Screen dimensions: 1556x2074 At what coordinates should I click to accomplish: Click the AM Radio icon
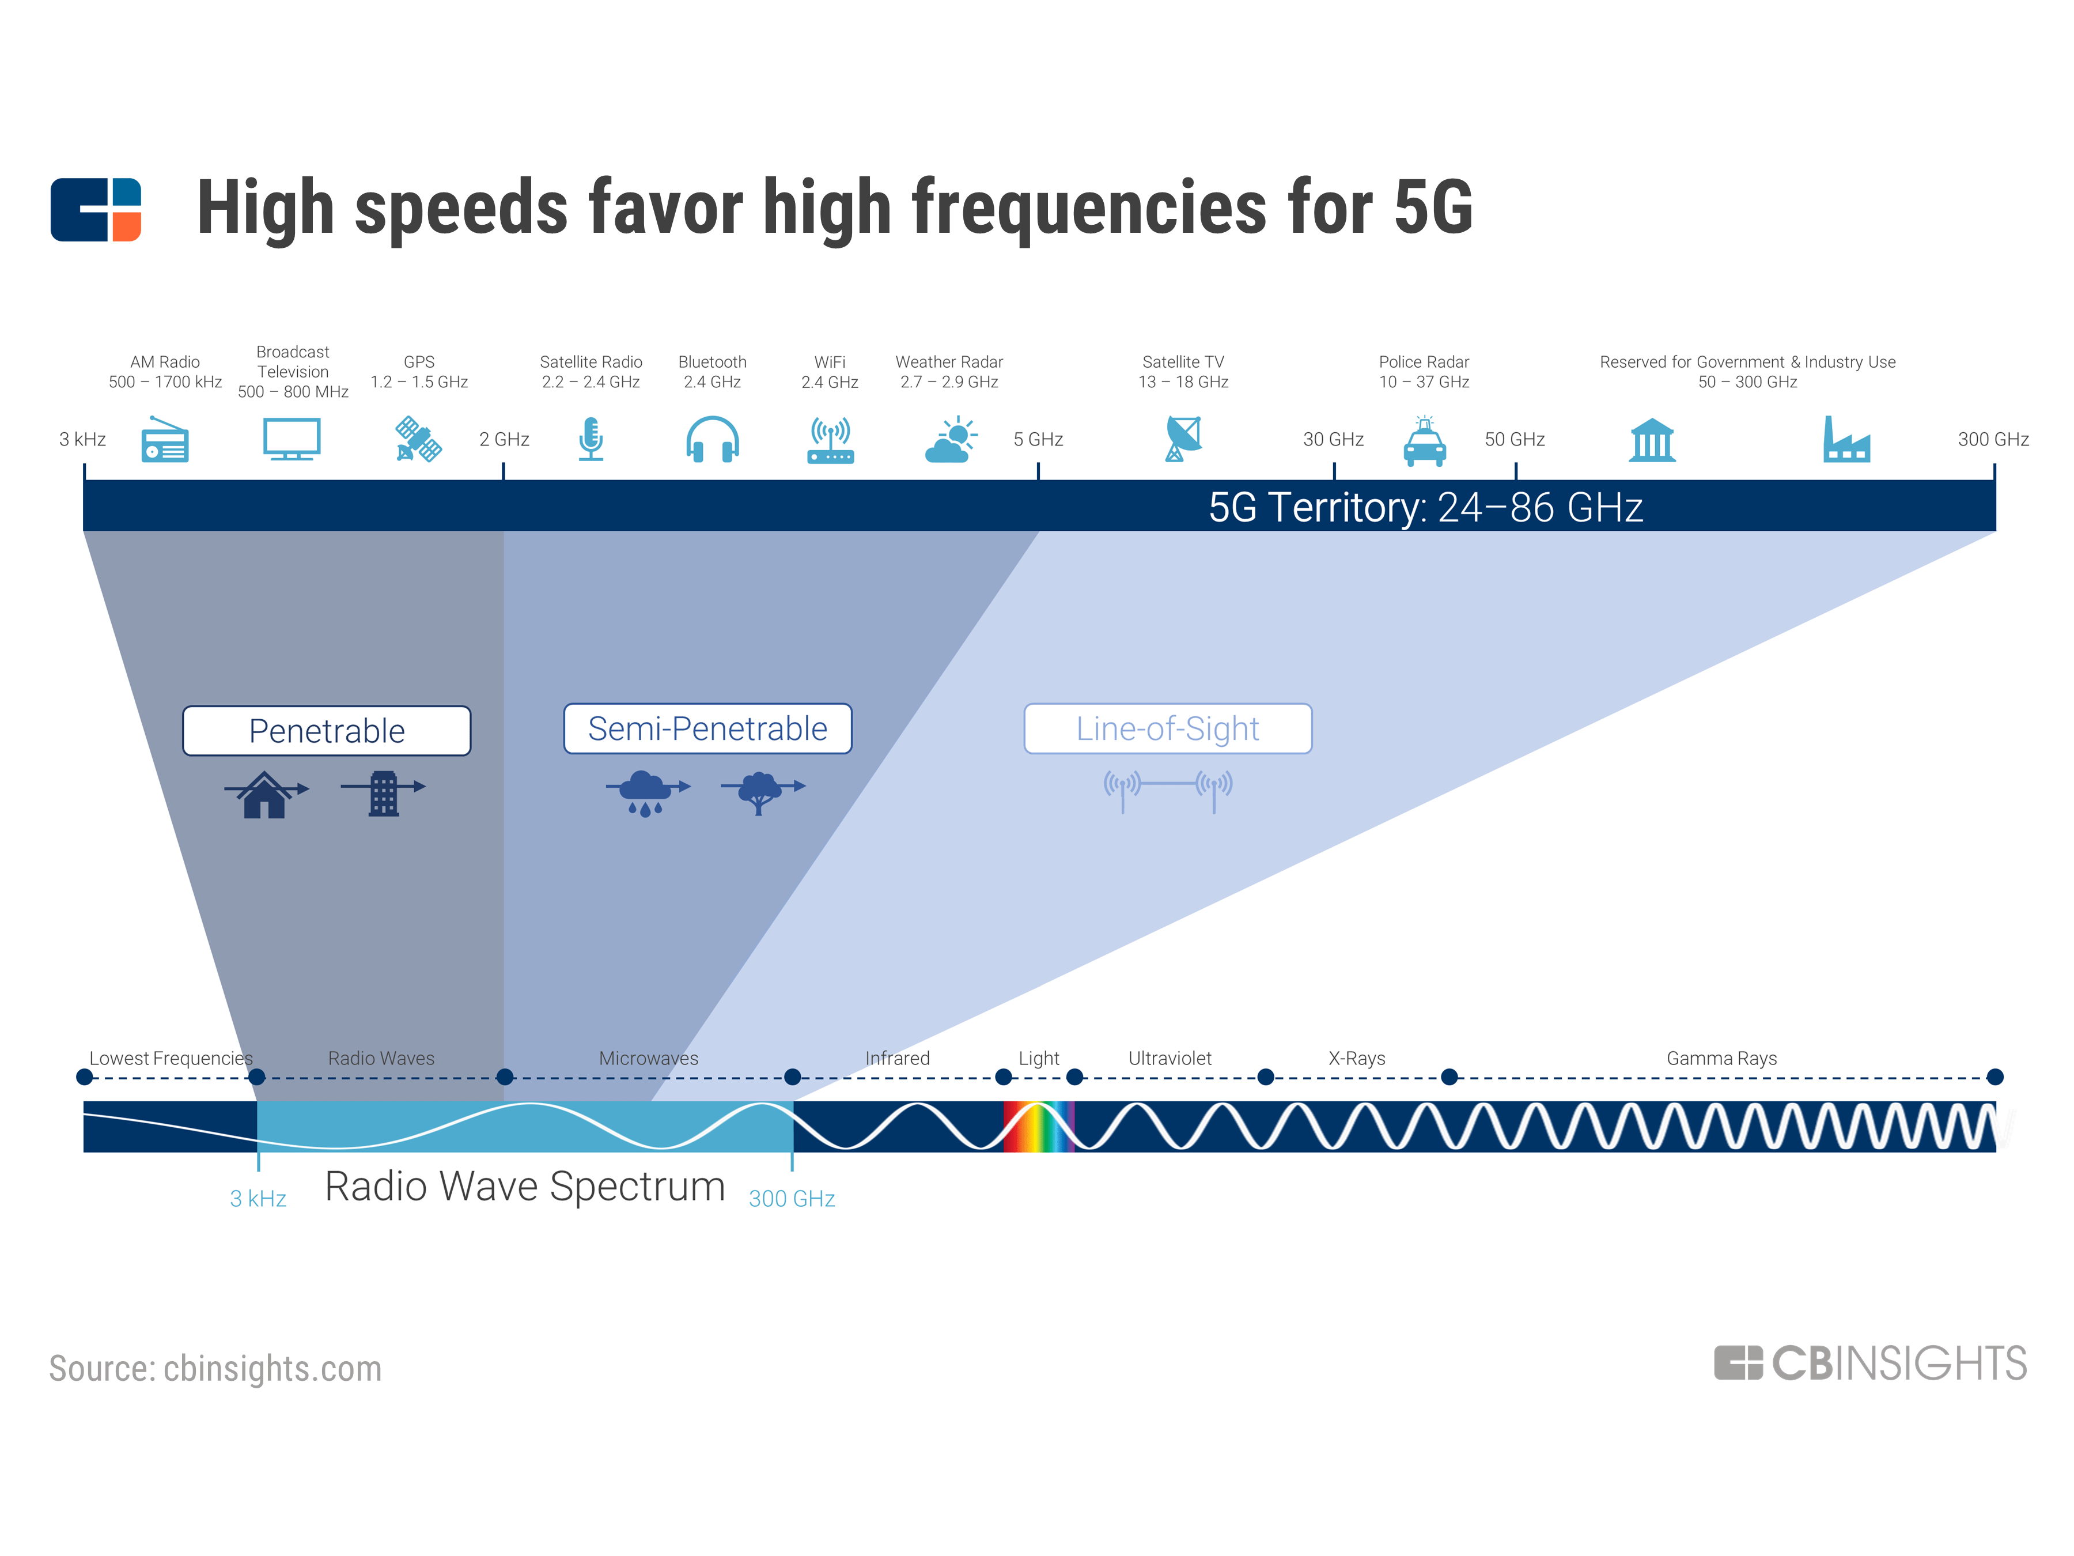tap(164, 439)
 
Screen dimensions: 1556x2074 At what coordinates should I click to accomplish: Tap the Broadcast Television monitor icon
tap(292, 438)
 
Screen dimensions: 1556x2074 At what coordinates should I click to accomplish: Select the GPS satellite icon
tap(418, 439)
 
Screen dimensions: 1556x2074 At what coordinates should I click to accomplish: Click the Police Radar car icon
tap(1424, 441)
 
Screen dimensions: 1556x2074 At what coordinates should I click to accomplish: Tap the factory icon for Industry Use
tap(1845, 439)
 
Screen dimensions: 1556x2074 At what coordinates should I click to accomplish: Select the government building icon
tap(1652, 440)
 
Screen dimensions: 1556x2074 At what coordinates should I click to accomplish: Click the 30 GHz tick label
tap(1333, 439)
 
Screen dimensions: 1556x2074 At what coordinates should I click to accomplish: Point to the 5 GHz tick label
tap(1038, 439)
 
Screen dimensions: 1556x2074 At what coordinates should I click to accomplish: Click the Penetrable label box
tap(326, 731)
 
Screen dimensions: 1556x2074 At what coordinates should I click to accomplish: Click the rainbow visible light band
tap(1038, 1126)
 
